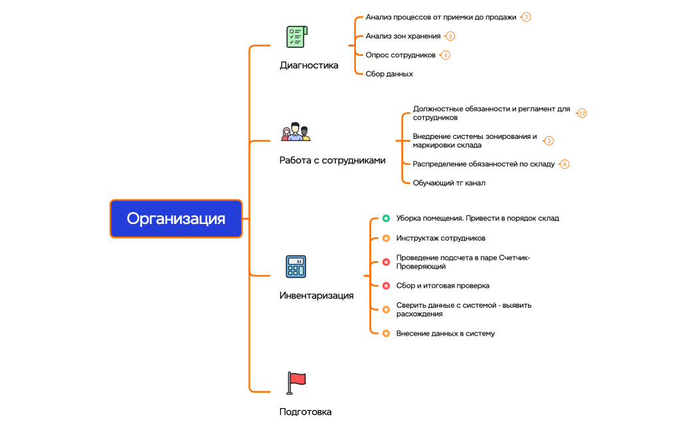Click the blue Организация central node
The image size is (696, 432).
click(x=176, y=219)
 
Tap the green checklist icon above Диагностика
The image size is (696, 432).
click(x=296, y=37)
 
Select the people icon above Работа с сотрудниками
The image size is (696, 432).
click(x=296, y=132)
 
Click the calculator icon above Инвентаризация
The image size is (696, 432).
click(x=296, y=267)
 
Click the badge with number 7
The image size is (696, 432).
click(x=526, y=17)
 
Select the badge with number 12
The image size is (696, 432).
click(x=582, y=113)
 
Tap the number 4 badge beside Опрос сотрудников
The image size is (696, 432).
click(x=446, y=55)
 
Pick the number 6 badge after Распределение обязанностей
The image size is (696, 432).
click(x=565, y=163)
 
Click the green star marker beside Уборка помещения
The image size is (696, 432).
click(x=386, y=218)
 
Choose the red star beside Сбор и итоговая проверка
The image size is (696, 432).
click(x=386, y=286)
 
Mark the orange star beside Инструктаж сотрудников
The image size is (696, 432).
click(x=386, y=238)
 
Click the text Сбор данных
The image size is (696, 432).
click(x=389, y=74)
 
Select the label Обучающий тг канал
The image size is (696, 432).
click(x=449, y=183)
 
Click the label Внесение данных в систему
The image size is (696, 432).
click(x=445, y=334)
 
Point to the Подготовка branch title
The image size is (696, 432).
click(x=305, y=412)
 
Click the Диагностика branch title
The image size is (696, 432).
click(x=309, y=65)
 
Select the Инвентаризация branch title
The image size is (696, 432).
click(x=316, y=296)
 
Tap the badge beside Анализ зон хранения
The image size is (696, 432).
click(x=450, y=36)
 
